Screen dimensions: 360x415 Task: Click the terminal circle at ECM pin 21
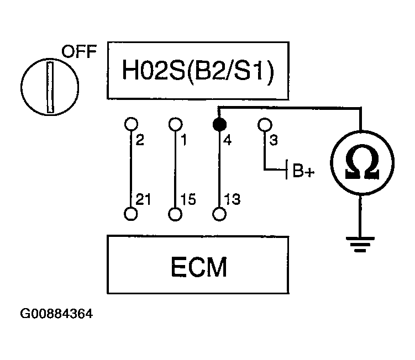130,214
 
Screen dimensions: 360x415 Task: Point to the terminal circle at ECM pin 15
175,214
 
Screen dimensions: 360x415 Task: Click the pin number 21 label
143,199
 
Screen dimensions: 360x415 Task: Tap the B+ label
303,172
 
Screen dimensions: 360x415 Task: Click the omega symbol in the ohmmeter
361,164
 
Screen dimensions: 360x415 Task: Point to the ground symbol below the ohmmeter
361,243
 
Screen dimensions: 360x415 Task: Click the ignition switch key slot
50,87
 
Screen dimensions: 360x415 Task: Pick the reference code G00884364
56,315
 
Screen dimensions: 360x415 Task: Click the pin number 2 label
140,140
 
